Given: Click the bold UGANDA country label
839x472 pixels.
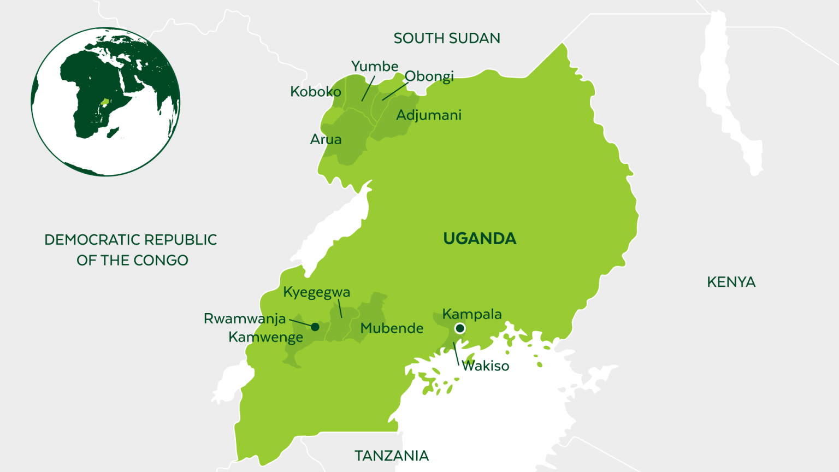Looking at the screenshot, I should tap(480, 239).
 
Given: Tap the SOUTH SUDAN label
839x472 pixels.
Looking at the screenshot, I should tap(447, 38).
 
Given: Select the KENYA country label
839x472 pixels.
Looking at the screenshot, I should tap(731, 282).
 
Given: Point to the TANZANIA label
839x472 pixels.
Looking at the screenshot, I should tap(391, 456).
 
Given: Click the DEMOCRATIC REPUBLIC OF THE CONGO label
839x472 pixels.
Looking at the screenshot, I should tap(131, 250).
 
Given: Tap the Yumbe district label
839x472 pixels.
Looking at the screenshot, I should tap(374, 66).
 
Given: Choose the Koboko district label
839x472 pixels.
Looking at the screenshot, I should tap(315, 92).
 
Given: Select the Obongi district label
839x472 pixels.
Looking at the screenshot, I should tap(429, 76).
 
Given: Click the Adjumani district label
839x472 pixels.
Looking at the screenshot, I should tap(429, 115).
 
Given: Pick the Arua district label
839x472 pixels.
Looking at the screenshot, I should tap(326, 140).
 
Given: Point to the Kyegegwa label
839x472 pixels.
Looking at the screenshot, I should tap(316, 292).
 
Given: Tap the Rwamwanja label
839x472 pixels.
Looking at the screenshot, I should tap(244, 318).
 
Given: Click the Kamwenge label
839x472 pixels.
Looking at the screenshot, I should tap(265, 338).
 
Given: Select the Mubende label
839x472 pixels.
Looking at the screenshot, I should tap(392, 328).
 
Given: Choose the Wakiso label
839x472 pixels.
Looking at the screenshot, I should tap(486, 366).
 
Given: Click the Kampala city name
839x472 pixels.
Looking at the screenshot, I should tap(472, 314).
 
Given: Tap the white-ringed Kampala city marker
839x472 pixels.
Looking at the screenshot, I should tap(460, 328).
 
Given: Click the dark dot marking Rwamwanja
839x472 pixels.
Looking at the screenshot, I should tap(315, 327).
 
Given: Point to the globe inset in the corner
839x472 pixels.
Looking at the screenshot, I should tap(105, 102).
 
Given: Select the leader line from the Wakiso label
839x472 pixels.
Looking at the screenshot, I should tap(456, 353).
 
